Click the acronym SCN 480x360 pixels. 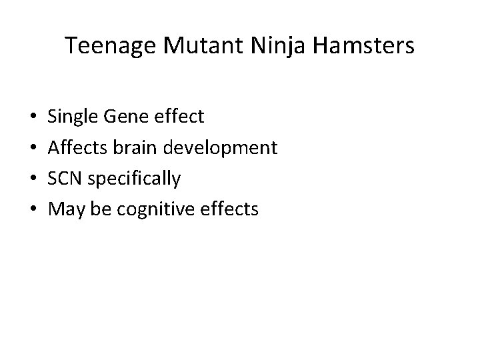point(66,179)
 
